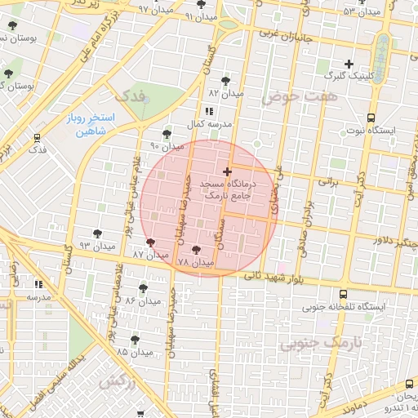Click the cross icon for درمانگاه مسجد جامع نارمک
[227, 172]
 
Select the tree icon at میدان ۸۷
[149, 242]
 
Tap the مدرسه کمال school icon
[209, 111]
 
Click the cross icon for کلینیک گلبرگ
[349, 64]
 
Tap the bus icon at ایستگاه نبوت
[371, 118]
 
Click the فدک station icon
[37, 137]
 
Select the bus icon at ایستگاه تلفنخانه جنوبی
[341, 294]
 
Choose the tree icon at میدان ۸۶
[144, 288]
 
